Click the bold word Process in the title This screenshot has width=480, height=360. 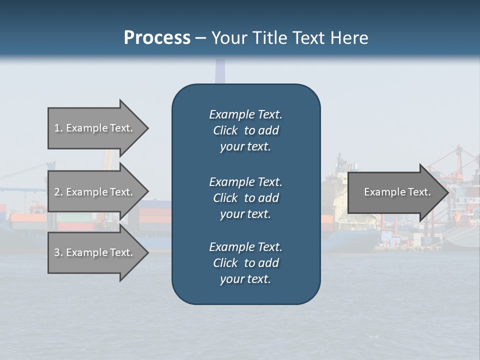157,37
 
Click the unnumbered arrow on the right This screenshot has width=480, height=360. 395,192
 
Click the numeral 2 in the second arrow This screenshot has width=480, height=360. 57,192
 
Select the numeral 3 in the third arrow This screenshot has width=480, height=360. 57,252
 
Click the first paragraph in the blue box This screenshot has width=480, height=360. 245,130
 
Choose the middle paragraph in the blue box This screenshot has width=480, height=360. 245,198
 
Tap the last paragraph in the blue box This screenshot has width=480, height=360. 245,263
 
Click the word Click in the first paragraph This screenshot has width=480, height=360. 225,130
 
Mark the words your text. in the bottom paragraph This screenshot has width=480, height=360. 245,279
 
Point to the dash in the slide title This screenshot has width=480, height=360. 201,38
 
